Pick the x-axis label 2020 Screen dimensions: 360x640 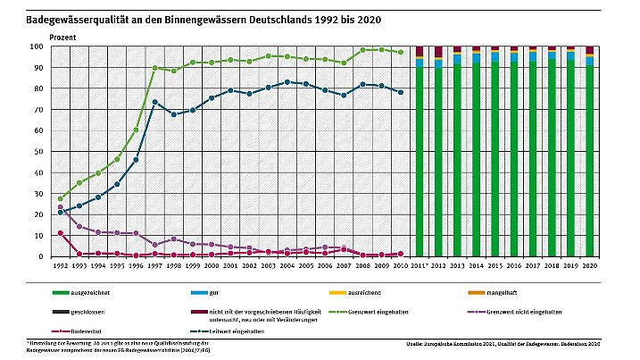point(588,266)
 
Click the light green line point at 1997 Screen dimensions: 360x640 point(155,68)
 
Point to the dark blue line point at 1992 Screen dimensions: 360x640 point(61,213)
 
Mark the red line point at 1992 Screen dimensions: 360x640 point(61,233)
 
